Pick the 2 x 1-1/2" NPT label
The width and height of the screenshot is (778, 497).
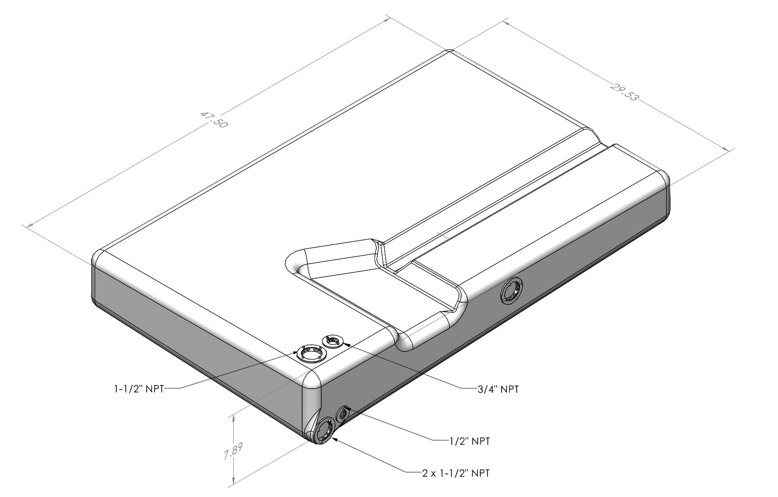(x=456, y=473)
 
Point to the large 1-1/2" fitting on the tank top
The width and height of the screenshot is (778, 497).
(x=311, y=353)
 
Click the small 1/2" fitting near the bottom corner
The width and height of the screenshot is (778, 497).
(x=343, y=414)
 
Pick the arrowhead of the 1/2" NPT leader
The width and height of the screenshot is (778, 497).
(x=349, y=408)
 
